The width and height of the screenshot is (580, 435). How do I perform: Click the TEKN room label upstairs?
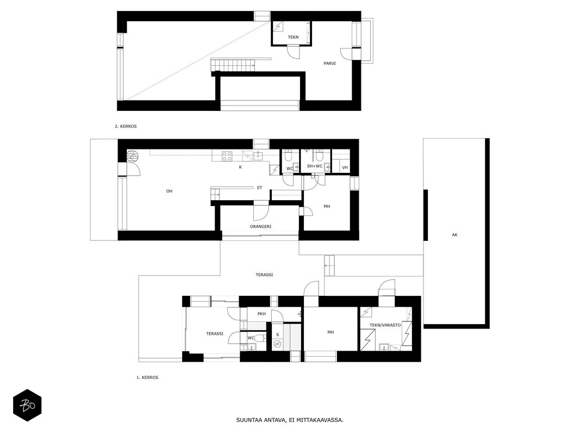point(294,37)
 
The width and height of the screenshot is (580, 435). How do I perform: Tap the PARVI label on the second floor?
point(329,63)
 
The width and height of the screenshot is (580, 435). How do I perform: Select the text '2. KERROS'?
point(126,126)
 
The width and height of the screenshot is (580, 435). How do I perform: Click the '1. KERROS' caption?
point(147,378)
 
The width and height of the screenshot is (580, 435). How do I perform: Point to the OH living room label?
point(169,191)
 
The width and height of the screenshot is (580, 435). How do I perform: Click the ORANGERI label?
point(260,226)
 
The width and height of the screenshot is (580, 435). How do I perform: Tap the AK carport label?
point(454,235)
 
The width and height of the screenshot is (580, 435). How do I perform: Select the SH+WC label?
point(315,166)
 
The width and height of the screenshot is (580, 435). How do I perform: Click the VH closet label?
point(345,167)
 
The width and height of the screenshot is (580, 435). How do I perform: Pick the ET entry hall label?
point(260,188)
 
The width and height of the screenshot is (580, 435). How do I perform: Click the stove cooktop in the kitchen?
point(227,157)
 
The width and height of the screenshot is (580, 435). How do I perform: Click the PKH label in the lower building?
point(261,314)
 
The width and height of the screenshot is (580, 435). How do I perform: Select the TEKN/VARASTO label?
point(385,325)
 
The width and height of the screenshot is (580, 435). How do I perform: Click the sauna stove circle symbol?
point(277,345)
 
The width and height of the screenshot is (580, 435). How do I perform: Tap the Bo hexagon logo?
point(27,406)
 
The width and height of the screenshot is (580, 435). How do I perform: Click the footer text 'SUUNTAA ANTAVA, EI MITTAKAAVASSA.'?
point(290,420)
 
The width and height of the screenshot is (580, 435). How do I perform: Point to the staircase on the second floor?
point(233,65)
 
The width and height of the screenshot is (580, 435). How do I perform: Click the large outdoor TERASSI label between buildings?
point(264,275)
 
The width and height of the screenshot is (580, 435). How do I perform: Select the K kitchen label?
point(240,167)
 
